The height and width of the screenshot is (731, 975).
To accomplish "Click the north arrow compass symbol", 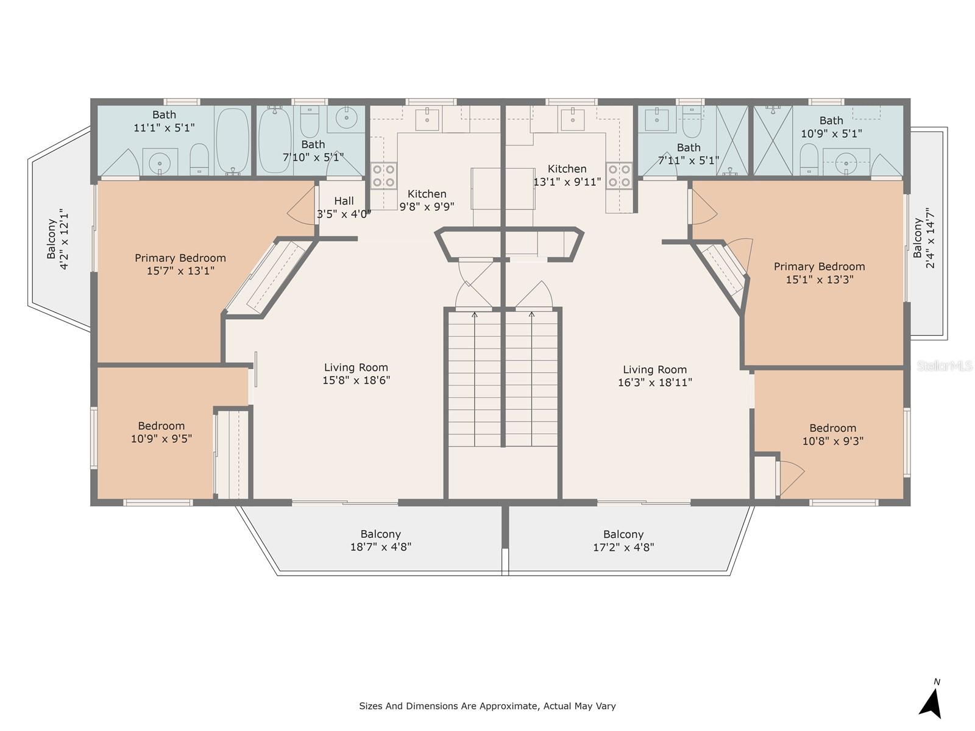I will (931, 702).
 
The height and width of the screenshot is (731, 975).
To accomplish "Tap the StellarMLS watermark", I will (945, 365).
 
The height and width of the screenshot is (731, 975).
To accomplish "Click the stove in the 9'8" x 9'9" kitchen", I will (384, 175).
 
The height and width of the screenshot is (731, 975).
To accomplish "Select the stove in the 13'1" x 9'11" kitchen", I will (618, 175).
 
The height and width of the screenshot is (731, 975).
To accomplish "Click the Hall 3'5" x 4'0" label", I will (344, 207).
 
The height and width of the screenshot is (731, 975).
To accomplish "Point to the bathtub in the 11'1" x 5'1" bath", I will (232, 140).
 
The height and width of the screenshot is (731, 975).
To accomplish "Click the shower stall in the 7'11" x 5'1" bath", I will (732, 140).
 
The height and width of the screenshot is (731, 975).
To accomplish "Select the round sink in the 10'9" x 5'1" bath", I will (846, 161).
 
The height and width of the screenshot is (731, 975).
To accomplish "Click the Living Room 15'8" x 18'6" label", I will (356, 373).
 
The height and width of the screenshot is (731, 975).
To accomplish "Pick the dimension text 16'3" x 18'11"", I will (654, 383).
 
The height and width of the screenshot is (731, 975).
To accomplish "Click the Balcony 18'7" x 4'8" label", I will (380, 540).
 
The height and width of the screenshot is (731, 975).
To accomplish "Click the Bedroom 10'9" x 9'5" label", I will (161, 432).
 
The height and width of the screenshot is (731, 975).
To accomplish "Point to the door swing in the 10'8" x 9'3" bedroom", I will (790, 476).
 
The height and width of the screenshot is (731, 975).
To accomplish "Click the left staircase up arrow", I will (474, 315).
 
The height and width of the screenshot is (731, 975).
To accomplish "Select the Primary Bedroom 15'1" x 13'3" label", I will (819, 273).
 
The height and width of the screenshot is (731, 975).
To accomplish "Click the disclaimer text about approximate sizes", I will (487, 706).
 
